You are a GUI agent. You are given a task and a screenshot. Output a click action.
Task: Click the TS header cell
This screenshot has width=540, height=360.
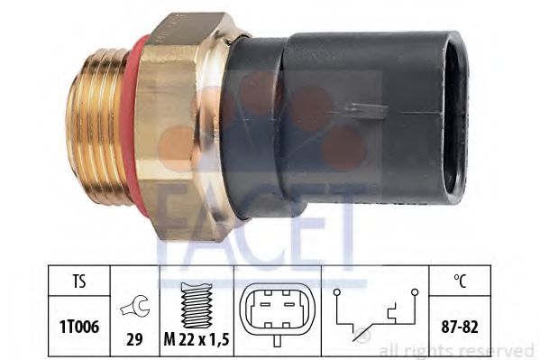[x=79, y=282]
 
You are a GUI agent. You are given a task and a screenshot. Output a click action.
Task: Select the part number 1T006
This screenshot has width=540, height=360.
[x=79, y=327]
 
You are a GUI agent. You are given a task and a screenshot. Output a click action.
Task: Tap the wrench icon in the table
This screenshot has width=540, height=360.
[x=135, y=306]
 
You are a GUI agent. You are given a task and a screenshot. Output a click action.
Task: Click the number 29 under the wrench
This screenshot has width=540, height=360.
[x=134, y=339]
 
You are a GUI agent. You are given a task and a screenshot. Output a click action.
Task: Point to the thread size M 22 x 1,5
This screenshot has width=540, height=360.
[x=197, y=340]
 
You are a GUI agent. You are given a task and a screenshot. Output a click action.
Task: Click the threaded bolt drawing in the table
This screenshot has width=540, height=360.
[x=196, y=305]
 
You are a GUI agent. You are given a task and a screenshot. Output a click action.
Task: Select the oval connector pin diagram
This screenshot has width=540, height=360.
[x=278, y=309]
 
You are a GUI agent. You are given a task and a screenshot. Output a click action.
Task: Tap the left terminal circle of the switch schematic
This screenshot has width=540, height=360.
[x=337, y=292]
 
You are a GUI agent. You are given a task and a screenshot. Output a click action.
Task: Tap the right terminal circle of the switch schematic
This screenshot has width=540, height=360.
[x=415, y=292]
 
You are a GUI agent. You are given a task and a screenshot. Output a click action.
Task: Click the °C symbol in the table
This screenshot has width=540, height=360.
[x=460, y=281]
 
